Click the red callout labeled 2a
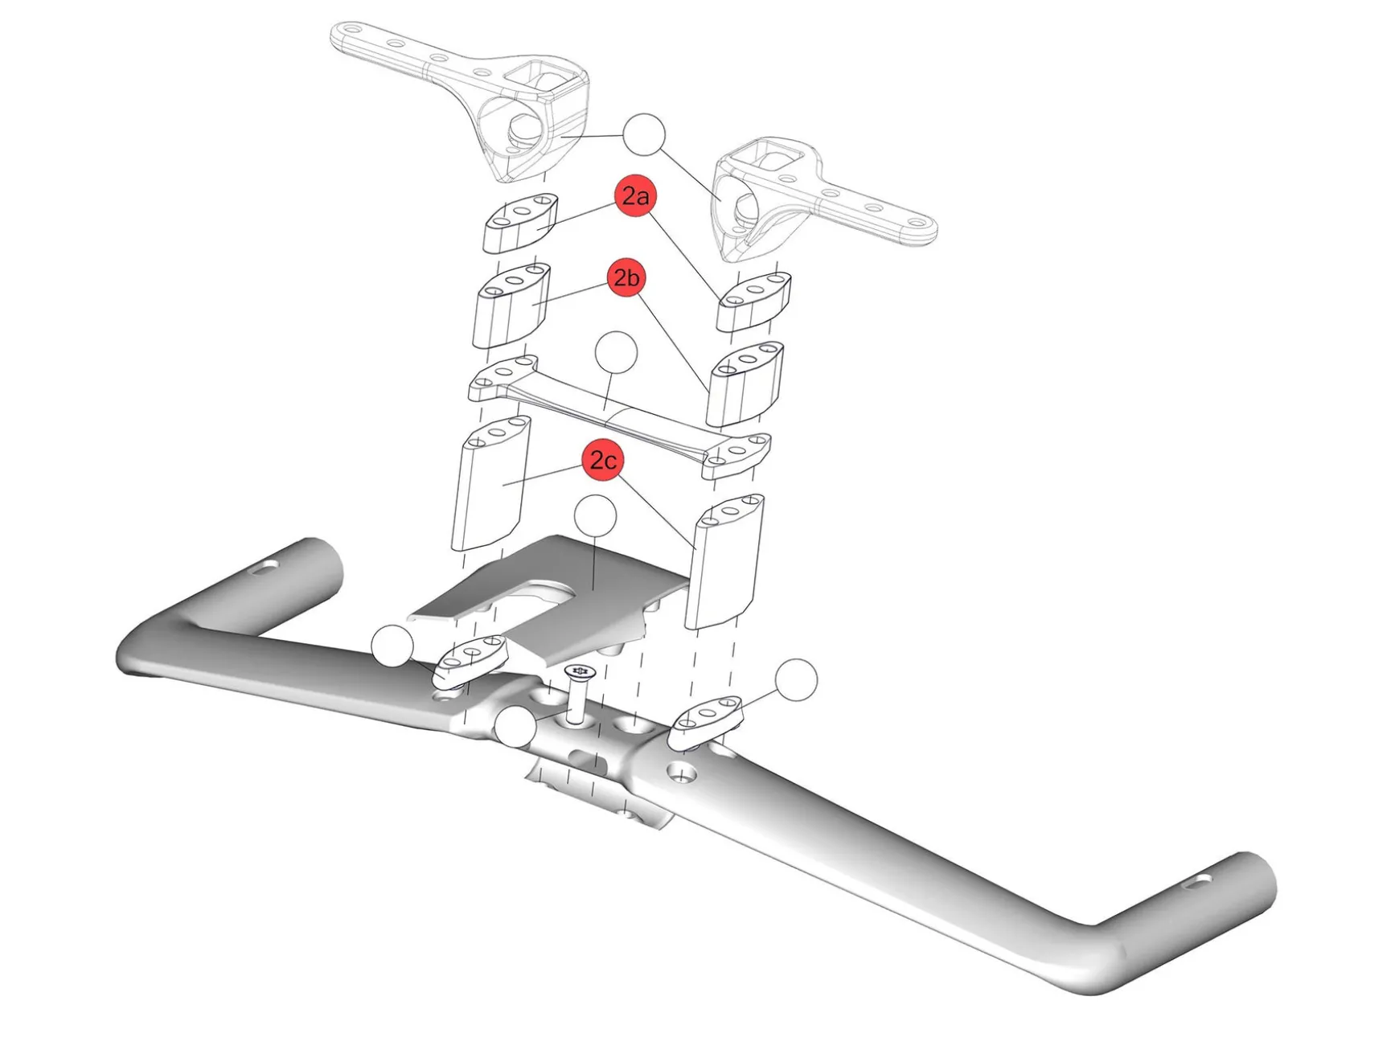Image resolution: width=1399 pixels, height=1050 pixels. coord(636,196)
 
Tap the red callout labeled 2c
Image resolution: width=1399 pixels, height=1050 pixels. coord(603,460)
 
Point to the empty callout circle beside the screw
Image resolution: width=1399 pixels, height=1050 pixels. coord(515,728)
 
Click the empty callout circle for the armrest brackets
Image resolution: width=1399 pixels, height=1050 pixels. coord(645,134)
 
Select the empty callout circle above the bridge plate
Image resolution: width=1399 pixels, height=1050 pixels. coord(616,353)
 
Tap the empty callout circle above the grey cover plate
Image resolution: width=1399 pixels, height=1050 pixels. coord(596,517)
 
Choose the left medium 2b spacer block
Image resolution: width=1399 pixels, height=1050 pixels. coord(511,307)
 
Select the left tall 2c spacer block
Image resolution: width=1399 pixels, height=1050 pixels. coord(490,485)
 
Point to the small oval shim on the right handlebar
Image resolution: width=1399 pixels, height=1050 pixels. coord(706,720)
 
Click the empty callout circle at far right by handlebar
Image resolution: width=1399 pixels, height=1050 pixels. coord(797,680)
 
